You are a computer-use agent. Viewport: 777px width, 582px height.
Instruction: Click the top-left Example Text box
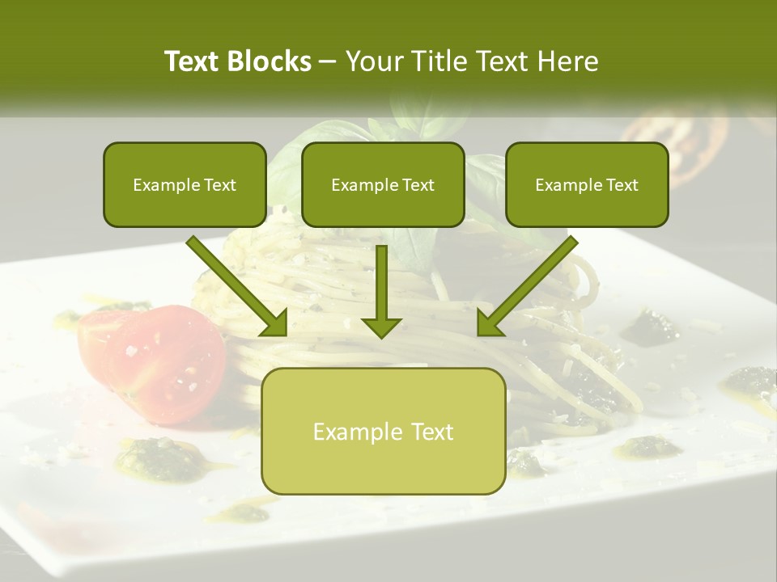185,184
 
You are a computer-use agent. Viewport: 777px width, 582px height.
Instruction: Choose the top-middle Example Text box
383,184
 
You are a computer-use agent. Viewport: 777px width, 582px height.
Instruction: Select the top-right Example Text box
587,184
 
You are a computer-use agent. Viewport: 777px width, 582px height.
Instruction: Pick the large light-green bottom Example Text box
384,431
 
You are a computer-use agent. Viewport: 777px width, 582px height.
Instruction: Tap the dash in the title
328,62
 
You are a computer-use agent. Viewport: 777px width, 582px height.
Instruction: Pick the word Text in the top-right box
622,185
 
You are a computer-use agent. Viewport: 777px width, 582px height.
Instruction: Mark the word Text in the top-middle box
418,185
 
